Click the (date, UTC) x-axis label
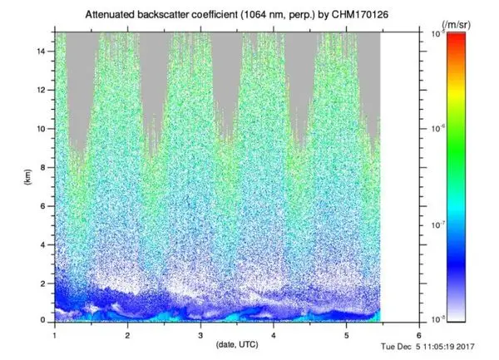click(236, 343)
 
